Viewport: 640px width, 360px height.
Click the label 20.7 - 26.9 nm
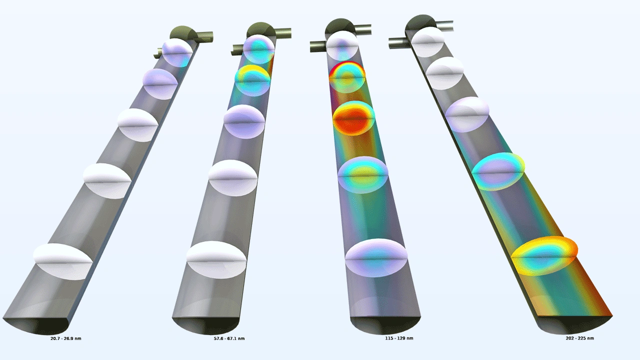click(65, 338)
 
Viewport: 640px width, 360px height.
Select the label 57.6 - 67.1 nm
click(229, 338)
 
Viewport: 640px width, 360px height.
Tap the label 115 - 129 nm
click(399, 338)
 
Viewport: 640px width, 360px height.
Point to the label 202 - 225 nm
click(579, 338)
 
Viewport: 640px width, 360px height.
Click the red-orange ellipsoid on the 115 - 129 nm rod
click(353, 118)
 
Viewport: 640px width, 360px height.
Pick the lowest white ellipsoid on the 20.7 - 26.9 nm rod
click(63, 261)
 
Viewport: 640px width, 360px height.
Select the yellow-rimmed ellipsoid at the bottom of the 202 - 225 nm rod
click(544, 256)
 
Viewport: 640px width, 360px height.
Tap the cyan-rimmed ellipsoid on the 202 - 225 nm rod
click(498, 171)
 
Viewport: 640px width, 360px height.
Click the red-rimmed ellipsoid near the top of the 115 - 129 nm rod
click(347, 77)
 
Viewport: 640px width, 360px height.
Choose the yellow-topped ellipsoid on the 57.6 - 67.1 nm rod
click(252, 80)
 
